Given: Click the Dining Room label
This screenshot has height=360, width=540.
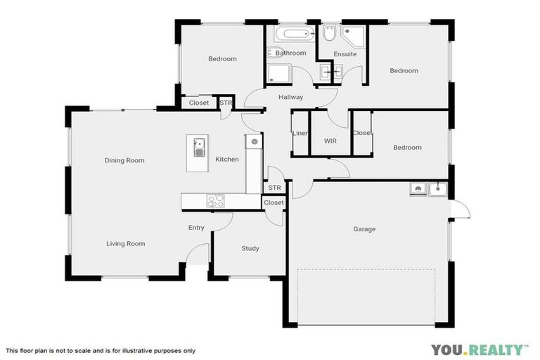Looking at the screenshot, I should click(x=124, y=160).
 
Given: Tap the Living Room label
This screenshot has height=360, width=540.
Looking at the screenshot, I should click(x=126, y=244).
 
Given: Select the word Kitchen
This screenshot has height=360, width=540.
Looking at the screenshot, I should click(x=227, y=160).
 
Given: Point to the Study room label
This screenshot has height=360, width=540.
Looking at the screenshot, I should click(x=250, y=248).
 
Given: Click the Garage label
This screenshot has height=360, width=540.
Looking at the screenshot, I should click(x=364, y=229).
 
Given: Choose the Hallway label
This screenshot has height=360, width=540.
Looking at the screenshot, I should click(x=290, y=97).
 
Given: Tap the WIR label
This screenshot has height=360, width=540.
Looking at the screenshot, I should click(x=330, y=141).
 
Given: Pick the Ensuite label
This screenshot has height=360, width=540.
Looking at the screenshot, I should click(x=345, y=54).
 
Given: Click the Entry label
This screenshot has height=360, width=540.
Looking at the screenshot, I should click(x=196, y=228).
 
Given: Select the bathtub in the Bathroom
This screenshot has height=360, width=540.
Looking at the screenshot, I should click(x=290, y=34).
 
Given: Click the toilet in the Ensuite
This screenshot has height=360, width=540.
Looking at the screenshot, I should click(x=329, y=33).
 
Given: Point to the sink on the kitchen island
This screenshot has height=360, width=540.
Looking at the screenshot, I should click(x=199, y=148).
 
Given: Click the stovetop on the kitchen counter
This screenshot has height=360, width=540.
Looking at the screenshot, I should click(x=215, y=201).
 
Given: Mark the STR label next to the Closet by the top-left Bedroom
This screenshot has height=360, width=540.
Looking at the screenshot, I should click(x=225, y=103).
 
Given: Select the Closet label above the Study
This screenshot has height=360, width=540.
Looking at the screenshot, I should click(x=274, y=202).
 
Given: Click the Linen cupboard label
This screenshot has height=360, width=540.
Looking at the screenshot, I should click(x=300, y=133).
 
